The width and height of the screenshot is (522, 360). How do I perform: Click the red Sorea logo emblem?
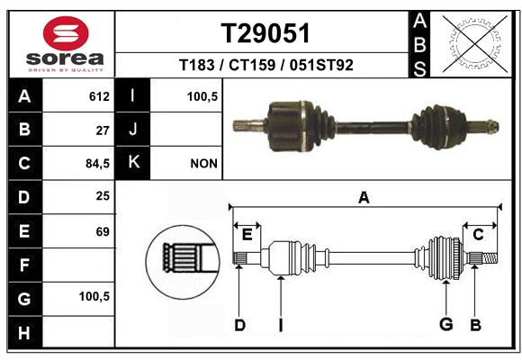(66, 33)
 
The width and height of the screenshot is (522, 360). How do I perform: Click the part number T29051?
(265, 33)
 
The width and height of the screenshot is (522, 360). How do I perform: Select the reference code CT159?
(252, 65)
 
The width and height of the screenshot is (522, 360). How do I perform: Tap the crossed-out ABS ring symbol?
(475, 44)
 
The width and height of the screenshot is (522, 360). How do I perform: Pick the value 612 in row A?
(99, 96)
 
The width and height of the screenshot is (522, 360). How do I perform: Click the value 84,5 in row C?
(97, 164)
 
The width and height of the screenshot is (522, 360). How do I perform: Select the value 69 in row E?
(103, 231)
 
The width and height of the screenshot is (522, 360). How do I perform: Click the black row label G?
(25, 299)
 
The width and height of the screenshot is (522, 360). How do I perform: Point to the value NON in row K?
(203, 164)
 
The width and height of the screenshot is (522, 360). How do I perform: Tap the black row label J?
(132, 129)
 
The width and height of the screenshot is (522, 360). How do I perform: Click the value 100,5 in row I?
(202, 96)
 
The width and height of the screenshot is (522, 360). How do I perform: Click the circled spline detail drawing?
(183, 262)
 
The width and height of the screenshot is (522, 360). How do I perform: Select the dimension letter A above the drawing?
(364, 198)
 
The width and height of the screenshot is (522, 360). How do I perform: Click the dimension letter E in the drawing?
(247, 235)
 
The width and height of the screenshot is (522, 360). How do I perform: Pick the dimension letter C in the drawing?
(478, 235)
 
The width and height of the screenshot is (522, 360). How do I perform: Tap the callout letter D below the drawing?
(239, 325)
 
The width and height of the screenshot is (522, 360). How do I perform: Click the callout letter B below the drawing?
(475, 325)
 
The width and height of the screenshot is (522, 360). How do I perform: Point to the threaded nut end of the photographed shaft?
(493, 126)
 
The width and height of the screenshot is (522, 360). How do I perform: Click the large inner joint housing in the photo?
(287, 126)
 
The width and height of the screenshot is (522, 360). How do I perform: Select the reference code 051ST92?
(321, 65)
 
